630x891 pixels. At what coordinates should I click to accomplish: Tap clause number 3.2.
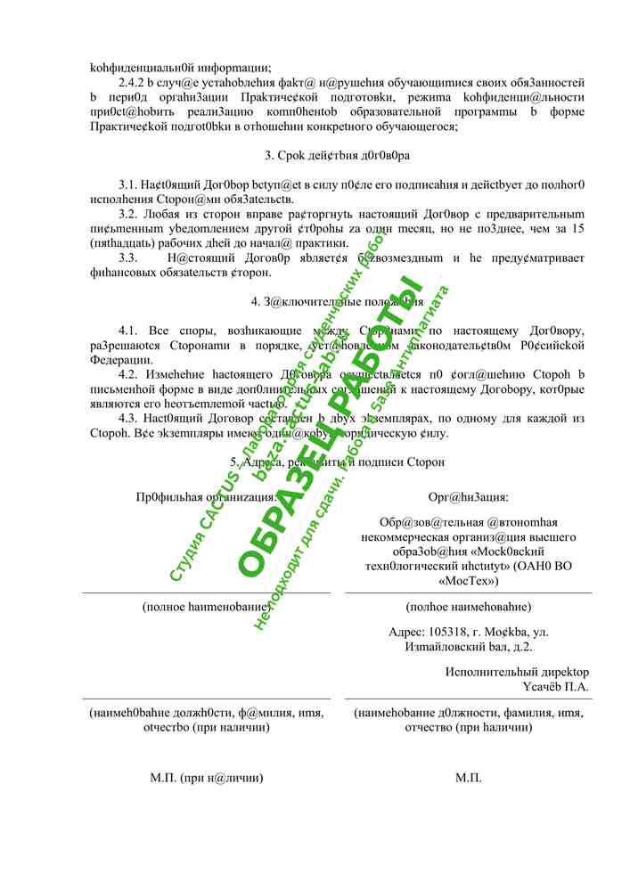(x=129, y=215)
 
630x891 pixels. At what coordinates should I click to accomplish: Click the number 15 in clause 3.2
(x=577, y=229)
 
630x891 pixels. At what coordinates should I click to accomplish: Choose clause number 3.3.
(x=129, y=258)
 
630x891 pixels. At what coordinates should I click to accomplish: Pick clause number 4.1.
(x=129, y=331)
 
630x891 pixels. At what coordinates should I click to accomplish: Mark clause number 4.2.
(x=129, y=374)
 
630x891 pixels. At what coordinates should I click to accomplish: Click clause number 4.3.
(x=129, y=418)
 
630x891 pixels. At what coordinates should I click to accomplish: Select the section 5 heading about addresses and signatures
(x=337, y=462)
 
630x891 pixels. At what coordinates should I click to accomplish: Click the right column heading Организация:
(x=469, y=497)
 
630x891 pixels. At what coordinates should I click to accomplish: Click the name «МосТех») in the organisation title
(x=469, y=581)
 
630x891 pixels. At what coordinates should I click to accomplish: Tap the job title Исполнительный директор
(x=517, y=672)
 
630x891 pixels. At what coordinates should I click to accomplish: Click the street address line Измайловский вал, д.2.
(x=469, y=647)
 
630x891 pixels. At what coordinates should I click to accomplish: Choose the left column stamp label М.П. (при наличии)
(x=206, y=778)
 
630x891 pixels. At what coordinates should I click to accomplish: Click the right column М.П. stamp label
(x=469, y=778)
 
